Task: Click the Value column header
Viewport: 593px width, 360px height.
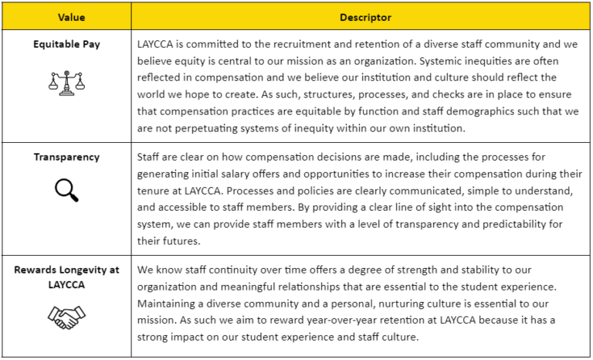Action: (x=66, y=16)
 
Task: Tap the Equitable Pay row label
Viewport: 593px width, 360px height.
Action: (x=66, y=44)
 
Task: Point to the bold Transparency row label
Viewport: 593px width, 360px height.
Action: (x=66, y=157)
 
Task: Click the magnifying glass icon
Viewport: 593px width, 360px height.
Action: (x=66, y=190)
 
